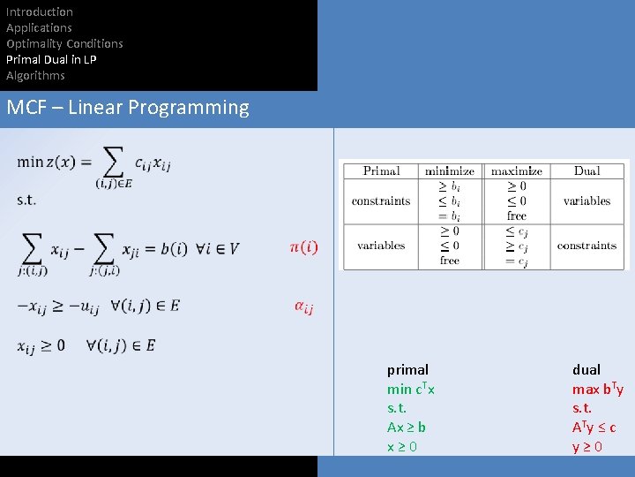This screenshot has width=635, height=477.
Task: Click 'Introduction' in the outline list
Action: point(40,11)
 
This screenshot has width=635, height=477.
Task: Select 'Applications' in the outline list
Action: point(39,27)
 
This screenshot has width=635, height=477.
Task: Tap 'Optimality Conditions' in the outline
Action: point(64,43)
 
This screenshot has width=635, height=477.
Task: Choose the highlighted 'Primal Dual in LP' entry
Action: point(51,59)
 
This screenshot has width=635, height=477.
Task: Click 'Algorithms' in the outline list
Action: point(35,75)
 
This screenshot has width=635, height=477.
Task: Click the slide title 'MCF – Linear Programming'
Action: point(128,108)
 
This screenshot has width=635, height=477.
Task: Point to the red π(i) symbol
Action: point(303,247)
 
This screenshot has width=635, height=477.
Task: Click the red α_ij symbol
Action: point(303,307)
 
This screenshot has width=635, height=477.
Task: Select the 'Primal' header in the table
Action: point(381,170)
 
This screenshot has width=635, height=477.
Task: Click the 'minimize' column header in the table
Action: point(449,170)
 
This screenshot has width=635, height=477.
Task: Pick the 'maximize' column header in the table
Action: point(517,170)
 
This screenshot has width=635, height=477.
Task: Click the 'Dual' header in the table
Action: point(586,170)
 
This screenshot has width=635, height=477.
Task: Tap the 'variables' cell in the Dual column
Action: point(586,201)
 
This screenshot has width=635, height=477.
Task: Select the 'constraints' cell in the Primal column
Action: point(381,201)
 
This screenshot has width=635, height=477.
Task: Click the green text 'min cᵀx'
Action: point(411,389)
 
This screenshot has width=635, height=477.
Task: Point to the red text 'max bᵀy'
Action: point(597,389)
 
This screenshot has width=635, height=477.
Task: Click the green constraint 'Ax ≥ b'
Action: point(407,428)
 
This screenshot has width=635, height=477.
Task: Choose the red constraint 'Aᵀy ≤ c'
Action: point(594,428)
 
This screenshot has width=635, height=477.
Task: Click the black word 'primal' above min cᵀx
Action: point(407,369)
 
